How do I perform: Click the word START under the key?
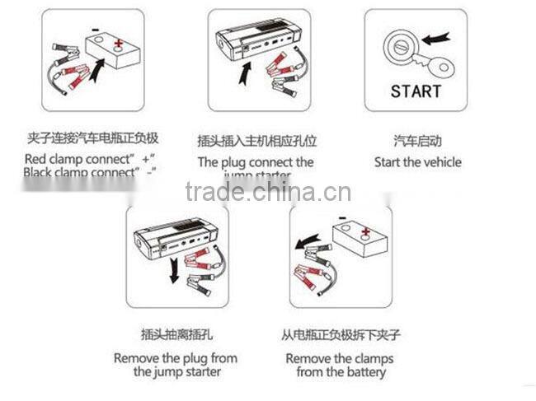click(416, 91)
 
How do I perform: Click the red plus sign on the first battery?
click(121, 42)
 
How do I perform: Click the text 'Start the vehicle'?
click(417, 162)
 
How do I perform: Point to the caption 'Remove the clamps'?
click(339, 358)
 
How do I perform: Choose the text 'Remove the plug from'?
click(175, 358)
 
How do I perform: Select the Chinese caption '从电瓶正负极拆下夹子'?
click(340, 334)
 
